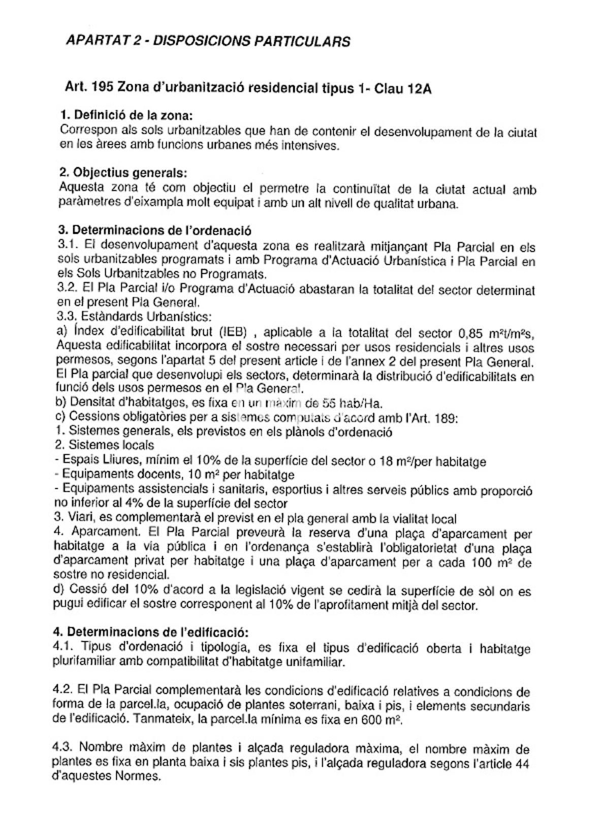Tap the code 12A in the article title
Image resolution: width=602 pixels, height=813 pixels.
tap(419, 89)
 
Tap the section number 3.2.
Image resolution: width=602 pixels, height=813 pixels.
tap(68, 288)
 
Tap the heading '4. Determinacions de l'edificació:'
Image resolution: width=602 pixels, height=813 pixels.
tap(150, 633)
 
